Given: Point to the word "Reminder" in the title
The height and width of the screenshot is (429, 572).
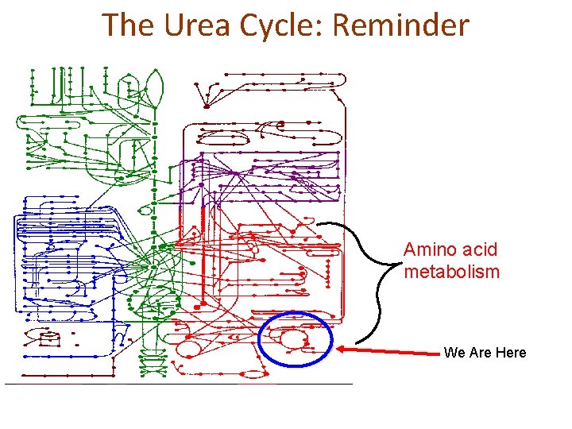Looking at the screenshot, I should (x=400, y=25).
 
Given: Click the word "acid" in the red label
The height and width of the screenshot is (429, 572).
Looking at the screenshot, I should (x=478, y=249).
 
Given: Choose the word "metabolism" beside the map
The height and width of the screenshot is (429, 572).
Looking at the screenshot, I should (x=452, y=272).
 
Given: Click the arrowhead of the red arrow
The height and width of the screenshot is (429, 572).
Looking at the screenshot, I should (x=340, y=348).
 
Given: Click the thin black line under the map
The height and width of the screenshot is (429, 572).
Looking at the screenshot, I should (x=179, y=384).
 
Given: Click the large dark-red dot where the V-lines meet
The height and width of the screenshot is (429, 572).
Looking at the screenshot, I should (x=207, y=106).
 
